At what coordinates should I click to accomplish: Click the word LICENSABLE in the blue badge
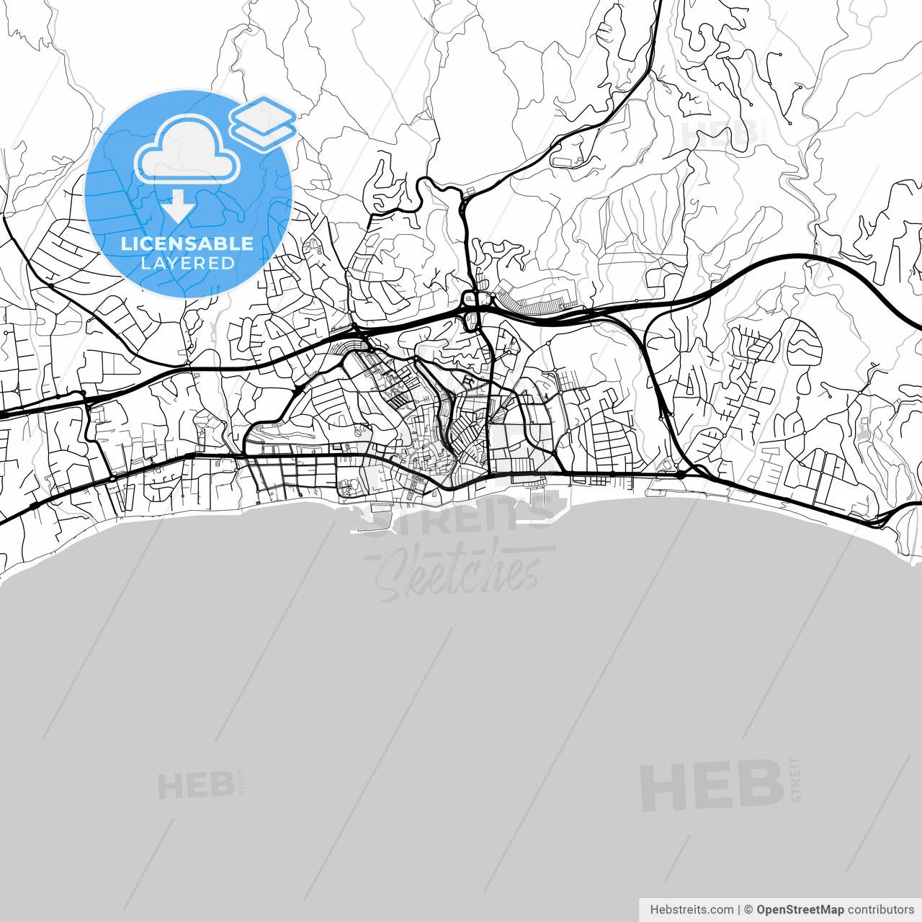pyautogui.click(x=187, y=243)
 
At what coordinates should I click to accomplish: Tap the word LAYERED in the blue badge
pyautogui.click(x=187, y=263)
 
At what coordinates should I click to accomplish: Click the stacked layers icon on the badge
pyautogui.click(x=263, y=122)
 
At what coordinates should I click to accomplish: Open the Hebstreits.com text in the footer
pyautogui.click(x=691, y=910)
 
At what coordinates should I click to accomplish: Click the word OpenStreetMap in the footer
pyautogui.click(x=800, y=910)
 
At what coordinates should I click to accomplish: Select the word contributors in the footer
pyautogui.click(x=880, y=910)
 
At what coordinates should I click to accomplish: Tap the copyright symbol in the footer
pyautogui.click(x=748, y=910)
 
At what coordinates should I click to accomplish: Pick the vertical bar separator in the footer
pyautogui.click(x=739, y=910)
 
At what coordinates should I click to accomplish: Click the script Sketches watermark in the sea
pyautogui.click(x=457, y=573)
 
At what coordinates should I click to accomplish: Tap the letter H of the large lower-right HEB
pyautogui.click(x=661, y=786)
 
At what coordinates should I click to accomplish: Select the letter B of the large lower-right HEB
pyautogui.click(x=760, y=784)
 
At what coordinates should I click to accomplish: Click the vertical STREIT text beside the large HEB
pyautogui.click(x=795, y=779)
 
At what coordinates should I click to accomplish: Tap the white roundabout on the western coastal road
pyautogui.click(x=112, y=478)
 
